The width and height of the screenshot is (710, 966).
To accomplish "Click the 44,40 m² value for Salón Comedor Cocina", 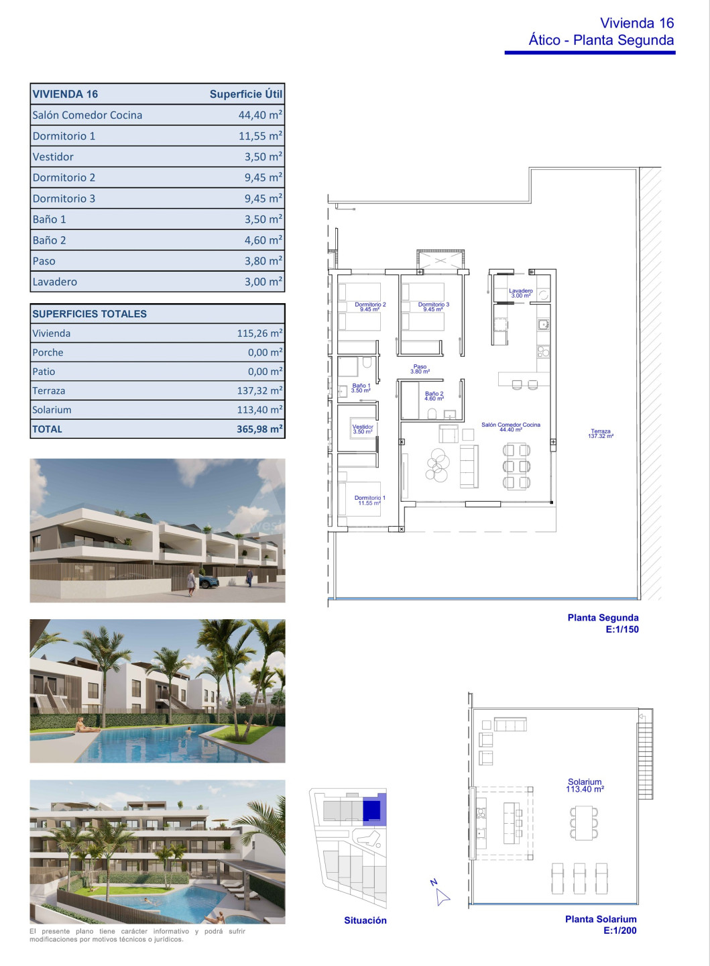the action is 260,115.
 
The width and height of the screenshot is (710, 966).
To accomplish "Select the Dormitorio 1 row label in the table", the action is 64,136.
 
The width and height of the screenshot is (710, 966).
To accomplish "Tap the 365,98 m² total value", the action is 259,429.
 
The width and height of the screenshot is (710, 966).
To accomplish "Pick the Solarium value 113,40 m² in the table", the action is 259,409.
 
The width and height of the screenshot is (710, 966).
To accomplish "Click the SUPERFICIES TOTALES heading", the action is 90,313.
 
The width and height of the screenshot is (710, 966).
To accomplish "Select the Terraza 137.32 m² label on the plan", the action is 601,433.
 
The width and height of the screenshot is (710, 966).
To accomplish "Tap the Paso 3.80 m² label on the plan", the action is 420,369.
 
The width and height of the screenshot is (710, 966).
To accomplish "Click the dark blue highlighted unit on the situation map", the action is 371,810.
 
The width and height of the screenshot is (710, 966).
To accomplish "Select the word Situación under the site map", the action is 365,920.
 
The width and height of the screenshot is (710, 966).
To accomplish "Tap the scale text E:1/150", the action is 622,629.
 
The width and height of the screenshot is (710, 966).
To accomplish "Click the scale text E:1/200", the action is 620,930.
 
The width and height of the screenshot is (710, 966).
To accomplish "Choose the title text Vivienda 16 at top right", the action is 637,23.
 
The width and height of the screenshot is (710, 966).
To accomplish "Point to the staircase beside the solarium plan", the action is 646,754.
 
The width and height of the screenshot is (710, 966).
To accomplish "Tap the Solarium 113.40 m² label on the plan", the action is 585,786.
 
